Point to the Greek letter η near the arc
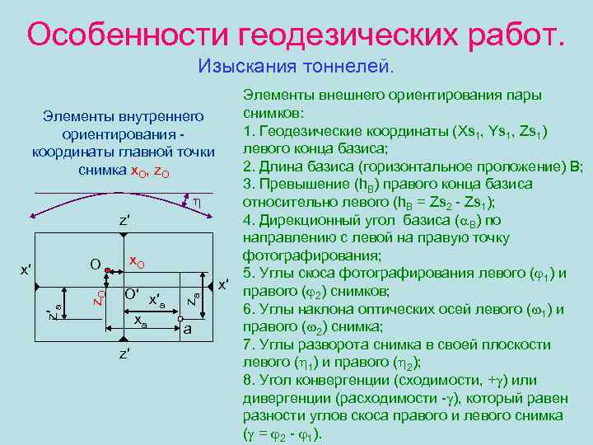pyautogui.click(x=197, y=201)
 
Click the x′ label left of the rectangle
pyautogui.click(x=26, y=269)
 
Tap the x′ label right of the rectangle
pyautogui.click(x=223, y=285)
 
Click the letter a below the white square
pyautogui.click(x=188, y=329)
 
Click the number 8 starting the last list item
pyautogui.click(x=247, y=380)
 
